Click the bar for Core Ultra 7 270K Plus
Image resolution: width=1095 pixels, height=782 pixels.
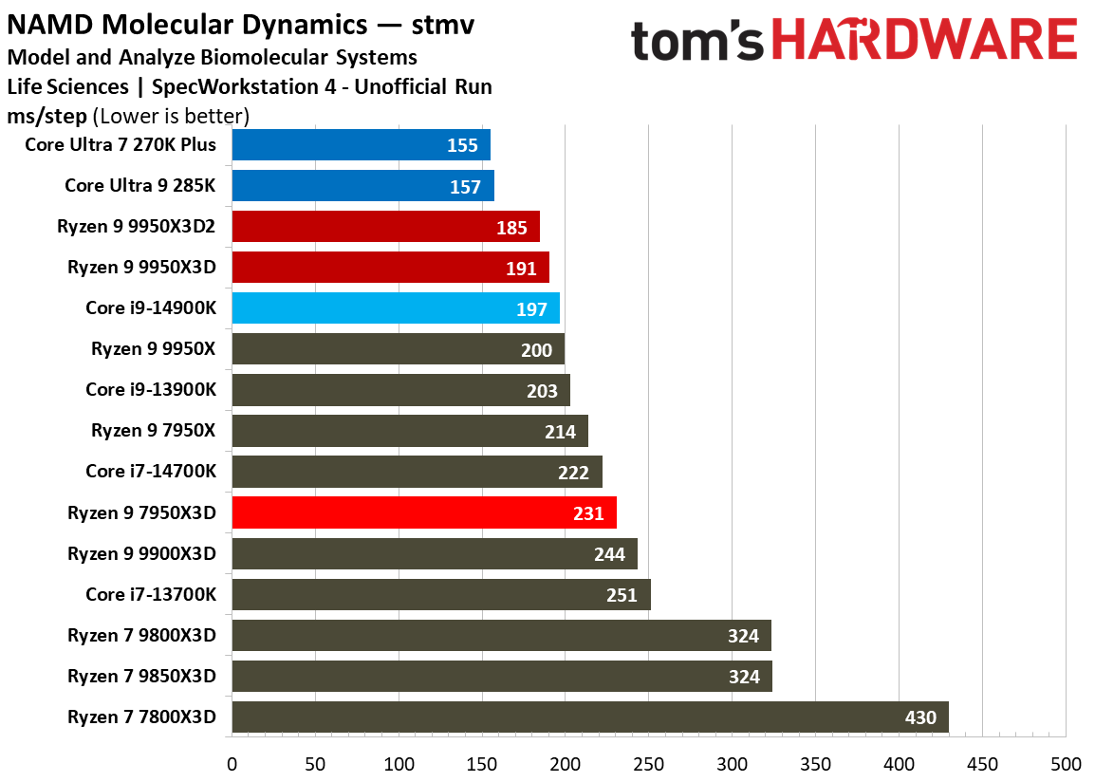[361, 145]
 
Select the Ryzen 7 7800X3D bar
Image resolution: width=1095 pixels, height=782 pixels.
[589, 717]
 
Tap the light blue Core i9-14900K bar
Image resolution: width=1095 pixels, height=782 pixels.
[395, 308]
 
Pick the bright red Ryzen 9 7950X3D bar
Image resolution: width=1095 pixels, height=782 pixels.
[423, 512]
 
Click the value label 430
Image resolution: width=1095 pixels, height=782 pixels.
[919, 717]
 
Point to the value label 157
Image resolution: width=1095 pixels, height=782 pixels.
[465, 186]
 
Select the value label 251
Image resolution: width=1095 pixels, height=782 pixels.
[622, 595]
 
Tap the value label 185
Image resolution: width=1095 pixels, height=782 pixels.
[510, 227]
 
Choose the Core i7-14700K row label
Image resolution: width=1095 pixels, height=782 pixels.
[150, 472]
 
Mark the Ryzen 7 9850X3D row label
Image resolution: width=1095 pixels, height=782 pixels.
[141, 677]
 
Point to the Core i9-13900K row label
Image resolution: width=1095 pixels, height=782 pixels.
[150, 390]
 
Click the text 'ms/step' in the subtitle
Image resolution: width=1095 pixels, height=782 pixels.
[47, 116]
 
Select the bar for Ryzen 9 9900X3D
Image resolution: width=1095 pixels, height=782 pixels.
[434, 553]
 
